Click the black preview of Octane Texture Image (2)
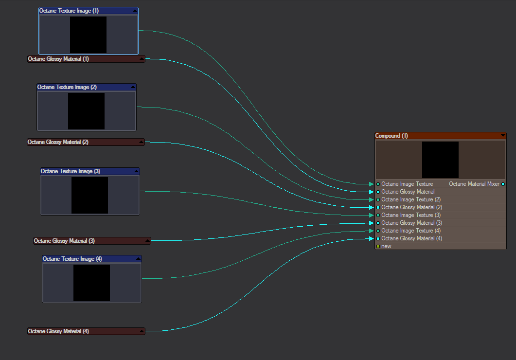86,111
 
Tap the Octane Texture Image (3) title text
71,171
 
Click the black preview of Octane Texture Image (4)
91,283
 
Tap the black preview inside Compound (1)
440,160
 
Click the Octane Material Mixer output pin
503,184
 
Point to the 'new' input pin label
386,246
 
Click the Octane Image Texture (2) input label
411,199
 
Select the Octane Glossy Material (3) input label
411,223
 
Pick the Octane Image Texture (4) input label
411,231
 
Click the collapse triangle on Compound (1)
503,136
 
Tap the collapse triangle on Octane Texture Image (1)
134,11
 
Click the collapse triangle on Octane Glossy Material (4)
142,331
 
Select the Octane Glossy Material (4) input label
411,238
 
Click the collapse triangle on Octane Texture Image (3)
136,171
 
